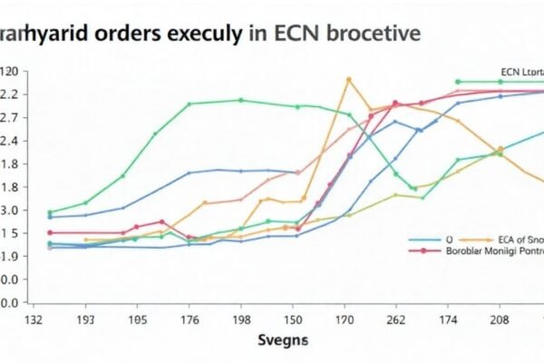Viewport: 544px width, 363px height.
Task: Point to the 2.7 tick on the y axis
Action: (x=9, y=117)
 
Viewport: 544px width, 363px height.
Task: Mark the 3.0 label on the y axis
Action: (x=9, y=210)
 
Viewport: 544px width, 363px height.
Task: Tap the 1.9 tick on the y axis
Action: (x=9, y=257)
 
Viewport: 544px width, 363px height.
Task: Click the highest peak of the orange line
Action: (x=347, y=79)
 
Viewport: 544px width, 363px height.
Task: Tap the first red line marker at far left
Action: (x=49, y=232)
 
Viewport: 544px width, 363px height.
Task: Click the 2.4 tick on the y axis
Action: (x=9, y=141)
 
